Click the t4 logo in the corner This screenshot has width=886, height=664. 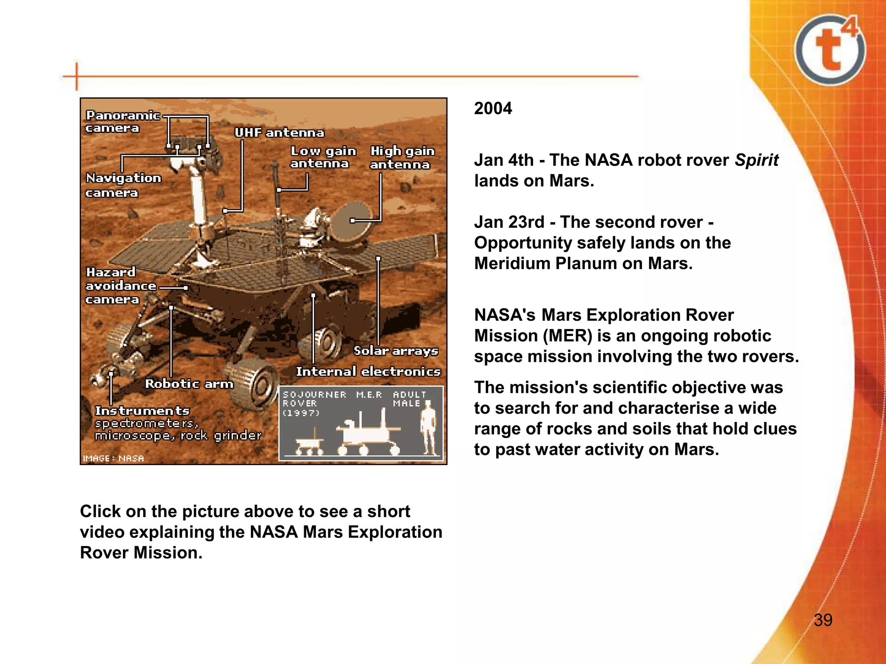[x=830, y=50]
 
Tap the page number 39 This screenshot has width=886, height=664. [x=823, y=620]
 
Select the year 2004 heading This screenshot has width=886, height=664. [x=493, y=108]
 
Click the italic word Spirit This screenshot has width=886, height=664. [x=756, y=160]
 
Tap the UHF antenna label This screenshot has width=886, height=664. [x=279, y=133]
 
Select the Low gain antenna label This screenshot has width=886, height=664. [x=322, y=157]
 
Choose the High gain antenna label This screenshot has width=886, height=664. [x=401, y=158]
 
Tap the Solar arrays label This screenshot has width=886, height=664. [x=395, y=351]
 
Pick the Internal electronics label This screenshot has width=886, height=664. [x=368, y=371]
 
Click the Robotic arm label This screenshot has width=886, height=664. [x=189, y=384]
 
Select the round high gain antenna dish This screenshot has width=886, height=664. [x=351, y=221]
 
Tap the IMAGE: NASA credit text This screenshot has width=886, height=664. [x=113, y=458]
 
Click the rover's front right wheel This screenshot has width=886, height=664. [x=255, y=385]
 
